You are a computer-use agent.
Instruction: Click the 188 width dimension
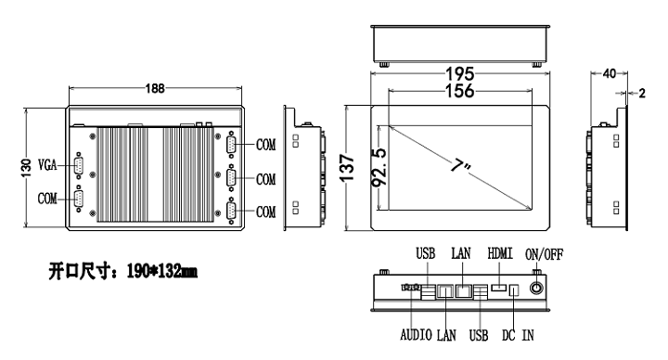click(155, 88)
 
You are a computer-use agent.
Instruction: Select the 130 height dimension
click(26, 168)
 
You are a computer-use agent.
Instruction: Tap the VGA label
click(47, 164)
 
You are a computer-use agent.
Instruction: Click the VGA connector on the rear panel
click(79, 166)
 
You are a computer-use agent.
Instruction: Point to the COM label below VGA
click(47, 199)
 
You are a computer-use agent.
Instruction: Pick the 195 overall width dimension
click(459, 74)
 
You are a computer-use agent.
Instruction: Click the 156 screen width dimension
click(459, 91)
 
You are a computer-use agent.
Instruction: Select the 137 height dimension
click(348, 168)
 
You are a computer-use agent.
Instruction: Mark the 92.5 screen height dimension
click(379, 167)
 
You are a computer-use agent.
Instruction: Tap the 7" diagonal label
click(460, 165)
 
